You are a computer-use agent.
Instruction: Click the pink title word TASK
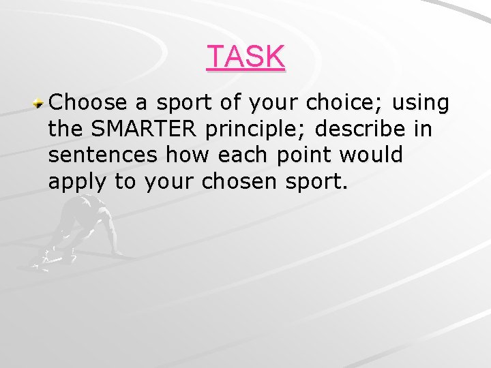(245, 57)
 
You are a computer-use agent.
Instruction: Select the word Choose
(89, 103)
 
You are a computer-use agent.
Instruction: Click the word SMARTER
(145, 129)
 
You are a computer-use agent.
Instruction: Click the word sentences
(104, 155)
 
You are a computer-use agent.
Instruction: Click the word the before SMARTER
(65, 129)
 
